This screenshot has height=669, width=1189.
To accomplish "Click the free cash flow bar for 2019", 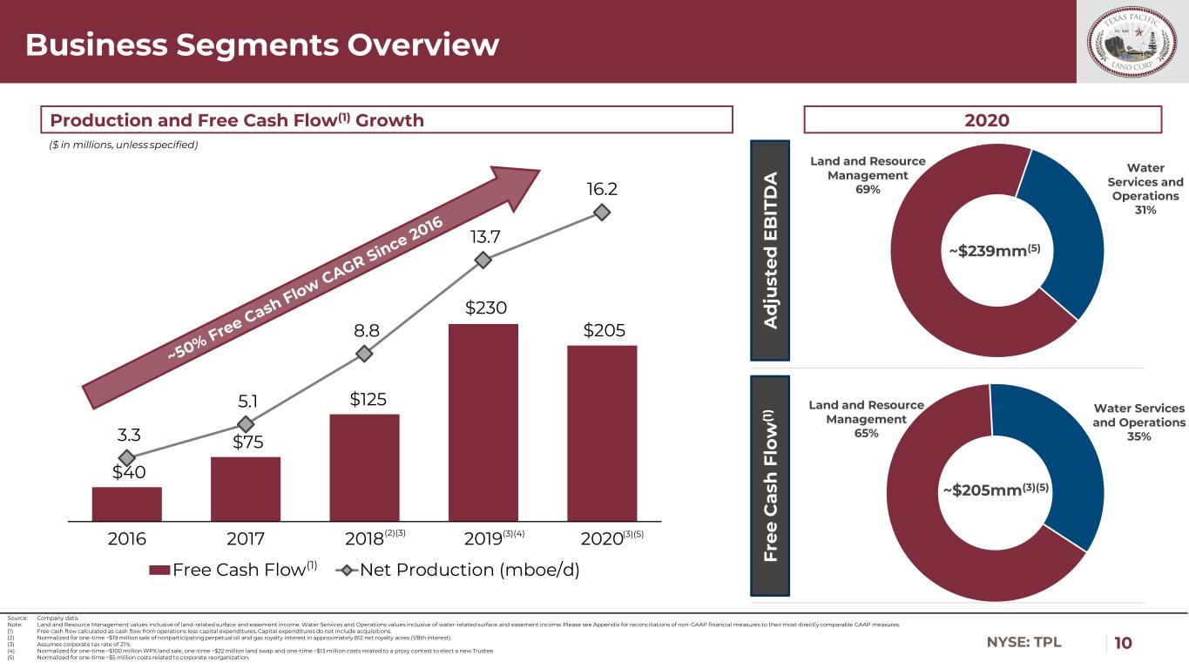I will (x=483, y=422).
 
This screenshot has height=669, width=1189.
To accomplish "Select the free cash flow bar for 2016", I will (x=126, y=503).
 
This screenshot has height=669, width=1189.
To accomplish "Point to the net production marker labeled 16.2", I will (x=600, y=212).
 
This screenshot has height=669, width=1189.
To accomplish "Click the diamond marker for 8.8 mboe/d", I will (x=364, y=354).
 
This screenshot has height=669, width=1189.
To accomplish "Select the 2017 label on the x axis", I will (x=245, y=537).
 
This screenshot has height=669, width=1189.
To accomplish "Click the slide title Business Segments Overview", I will (x=262, y=44).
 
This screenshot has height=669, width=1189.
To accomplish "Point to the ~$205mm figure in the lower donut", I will (x=995, y=490).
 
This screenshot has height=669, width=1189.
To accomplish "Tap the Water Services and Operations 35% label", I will (x=1138, y=422).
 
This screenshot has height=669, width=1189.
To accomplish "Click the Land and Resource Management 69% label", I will (x=868, y=175).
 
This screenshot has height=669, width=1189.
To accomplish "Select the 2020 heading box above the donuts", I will (x=983, y=120).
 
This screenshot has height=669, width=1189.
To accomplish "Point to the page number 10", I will (x=1124, y=643).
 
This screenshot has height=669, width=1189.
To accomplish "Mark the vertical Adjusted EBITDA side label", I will (x=770, y=250).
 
